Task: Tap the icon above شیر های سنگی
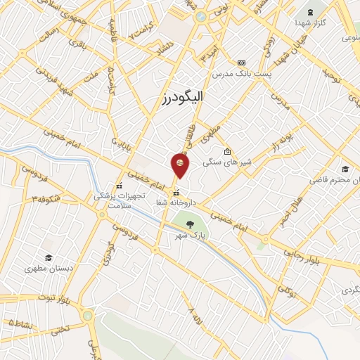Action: click(226, 151)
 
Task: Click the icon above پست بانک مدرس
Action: click(242, 62)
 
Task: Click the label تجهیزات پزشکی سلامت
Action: click(120, 200)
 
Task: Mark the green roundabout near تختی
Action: click(88, 316)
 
